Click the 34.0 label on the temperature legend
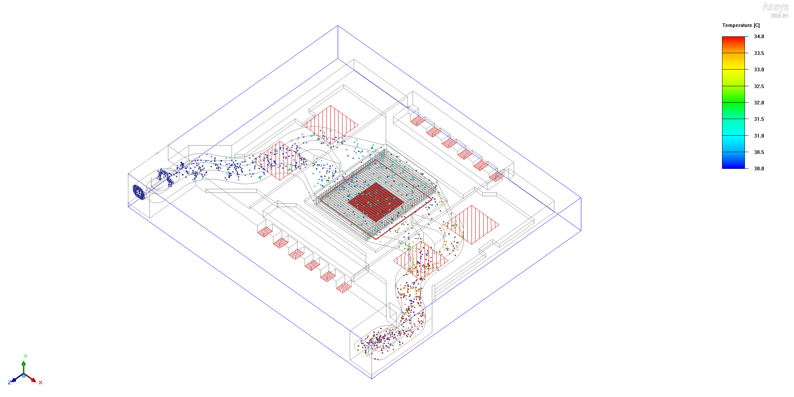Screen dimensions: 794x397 pos(759,36)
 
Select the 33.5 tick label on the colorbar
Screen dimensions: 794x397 pos(759,53)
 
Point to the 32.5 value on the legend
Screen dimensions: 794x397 pos(759,86)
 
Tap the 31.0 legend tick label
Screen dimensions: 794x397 pos(759,136)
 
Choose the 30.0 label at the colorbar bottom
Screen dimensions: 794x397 pos(759,168)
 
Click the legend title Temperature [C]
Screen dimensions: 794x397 pos(741,25)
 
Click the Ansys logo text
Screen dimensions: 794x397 pos(775,7)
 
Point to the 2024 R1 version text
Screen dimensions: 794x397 pos(779,16)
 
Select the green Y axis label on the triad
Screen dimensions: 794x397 pos(25,356)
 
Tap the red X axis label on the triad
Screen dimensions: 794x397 pos(40,382)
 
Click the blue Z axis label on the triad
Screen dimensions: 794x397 pos(10,382)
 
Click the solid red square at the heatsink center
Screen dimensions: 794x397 pos(376,202)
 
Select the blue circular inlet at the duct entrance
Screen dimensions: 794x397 pos(139,192)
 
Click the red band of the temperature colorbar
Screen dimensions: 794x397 pos(733,42)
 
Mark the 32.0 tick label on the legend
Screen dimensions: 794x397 pos(759,103)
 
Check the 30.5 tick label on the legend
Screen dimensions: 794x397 pos(759,152)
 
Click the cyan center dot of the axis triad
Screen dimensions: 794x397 pos(24,376)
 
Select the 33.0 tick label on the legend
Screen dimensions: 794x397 pos(759,70)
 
